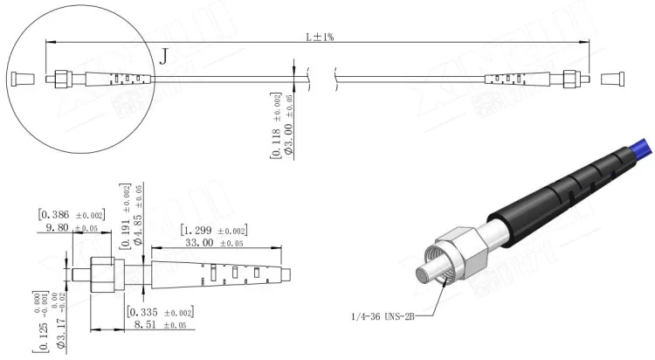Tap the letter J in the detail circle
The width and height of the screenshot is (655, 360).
(164, 58)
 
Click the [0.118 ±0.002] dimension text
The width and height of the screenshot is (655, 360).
(276, 126)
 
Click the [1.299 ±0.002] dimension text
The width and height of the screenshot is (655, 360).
(214, 231)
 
